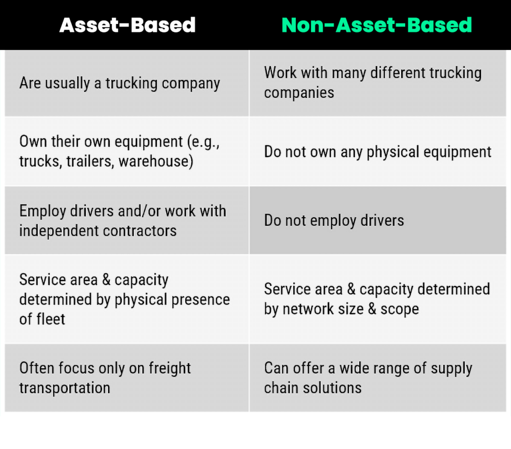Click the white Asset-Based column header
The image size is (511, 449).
(127, 25)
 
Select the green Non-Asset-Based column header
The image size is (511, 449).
(377, 25)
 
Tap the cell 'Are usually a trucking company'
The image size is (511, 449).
(119, 83)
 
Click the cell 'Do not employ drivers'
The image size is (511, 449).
(334, 220)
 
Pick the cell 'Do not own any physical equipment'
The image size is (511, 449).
(377, 152)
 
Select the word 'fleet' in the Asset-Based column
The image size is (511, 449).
(50, 319)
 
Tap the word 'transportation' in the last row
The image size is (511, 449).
(64, 388)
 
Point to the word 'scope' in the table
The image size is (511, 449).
(399, 309)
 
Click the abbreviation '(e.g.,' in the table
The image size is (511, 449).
(203, 142)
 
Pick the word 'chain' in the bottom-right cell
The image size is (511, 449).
(282, 388)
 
